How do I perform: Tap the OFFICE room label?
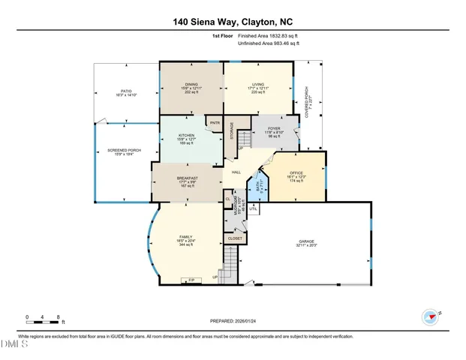296,172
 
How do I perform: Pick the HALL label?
236,172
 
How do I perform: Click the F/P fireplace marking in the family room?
191,280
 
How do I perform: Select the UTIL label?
254,208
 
